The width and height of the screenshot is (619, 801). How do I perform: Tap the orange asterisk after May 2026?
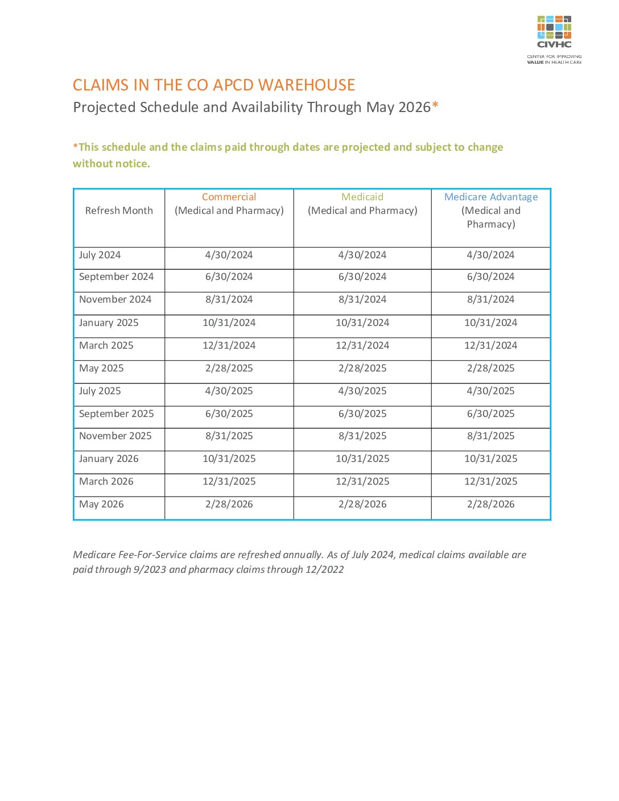click(435, 106)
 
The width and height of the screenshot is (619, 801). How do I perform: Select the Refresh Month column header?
click(119, 210)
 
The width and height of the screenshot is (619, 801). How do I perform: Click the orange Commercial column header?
click(229, 197)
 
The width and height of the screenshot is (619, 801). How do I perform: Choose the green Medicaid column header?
click(362, 197)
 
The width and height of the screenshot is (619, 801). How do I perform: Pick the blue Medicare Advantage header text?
click(491, 197)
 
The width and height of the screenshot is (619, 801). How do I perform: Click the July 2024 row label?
click(100, 255)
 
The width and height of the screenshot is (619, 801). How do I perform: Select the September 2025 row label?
click(117, 414)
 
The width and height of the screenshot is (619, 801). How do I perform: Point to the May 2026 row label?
click(101, 504)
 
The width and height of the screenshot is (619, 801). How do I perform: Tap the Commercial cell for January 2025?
click(229, 323)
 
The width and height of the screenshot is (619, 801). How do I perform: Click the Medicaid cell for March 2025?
click(362, 345)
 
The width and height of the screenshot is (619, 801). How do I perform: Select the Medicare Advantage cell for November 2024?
click(491, 299)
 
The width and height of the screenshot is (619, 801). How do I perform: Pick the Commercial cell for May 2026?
click(229, 504)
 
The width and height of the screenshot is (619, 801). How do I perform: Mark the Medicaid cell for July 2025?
click(362, 391)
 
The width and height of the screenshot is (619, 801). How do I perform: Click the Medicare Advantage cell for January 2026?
click(491, 459)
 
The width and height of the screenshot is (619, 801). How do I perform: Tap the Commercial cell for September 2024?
click(229, 276)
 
